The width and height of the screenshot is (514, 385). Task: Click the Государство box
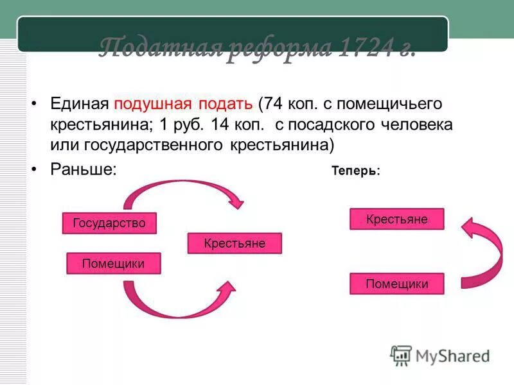click(109, 223)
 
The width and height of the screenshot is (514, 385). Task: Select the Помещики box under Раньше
click(113, 264)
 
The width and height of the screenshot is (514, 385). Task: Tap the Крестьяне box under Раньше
click(235, 244)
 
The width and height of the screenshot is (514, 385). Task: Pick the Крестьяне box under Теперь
click(396, 219)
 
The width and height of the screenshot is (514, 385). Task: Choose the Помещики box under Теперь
click(396, 284)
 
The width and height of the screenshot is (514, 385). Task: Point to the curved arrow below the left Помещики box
click(180, 302)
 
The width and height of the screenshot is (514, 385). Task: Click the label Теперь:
click(355, 171)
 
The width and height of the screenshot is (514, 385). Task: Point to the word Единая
click(80, 104)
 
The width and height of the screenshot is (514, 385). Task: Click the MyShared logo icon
click(401, 355)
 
